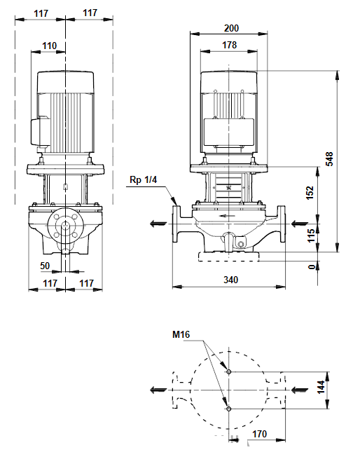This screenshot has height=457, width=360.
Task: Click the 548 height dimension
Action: [x=329, y=159]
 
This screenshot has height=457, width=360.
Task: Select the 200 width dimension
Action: [x=231, y=28]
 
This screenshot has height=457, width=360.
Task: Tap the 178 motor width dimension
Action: [x=230, y=45]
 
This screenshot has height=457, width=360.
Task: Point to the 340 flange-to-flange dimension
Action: [x=230, y=280]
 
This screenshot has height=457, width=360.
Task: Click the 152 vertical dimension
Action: [x=310, y=193]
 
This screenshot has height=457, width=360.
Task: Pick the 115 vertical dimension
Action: [x=311, y=236]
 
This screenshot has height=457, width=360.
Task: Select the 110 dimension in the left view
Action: [x=50, y=46]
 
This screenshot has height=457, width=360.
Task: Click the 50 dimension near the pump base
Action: [x=45, y=266]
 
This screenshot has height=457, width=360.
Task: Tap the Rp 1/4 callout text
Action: [x=143, y=180]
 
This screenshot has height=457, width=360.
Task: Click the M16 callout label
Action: [x=181, y=334]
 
